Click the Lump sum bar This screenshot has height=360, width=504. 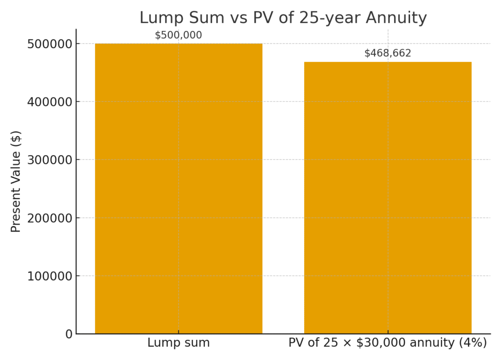click(178, 188)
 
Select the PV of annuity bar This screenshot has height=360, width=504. click(387, 197)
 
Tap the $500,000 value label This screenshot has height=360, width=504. click(178, 35)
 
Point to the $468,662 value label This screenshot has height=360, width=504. click(387, 53)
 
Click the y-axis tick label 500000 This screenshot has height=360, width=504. click(50, 44)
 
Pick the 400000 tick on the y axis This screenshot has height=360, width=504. click(50, 102)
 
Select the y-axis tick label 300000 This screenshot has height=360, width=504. click(50, 160)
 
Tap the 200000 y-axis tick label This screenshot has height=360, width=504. click(50, 218)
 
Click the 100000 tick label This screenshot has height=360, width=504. click(50, 276)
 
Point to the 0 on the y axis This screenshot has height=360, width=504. click(69, 334)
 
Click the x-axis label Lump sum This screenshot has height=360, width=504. click(178, 343)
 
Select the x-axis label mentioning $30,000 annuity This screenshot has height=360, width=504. click(387, 343)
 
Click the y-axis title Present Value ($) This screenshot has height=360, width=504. click(16, 181)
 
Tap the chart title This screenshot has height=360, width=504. click(283, 18)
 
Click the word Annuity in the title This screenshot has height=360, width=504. click(397, 18)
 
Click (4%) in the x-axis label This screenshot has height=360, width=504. click(472, 343)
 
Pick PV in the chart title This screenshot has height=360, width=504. click(260, 18)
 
